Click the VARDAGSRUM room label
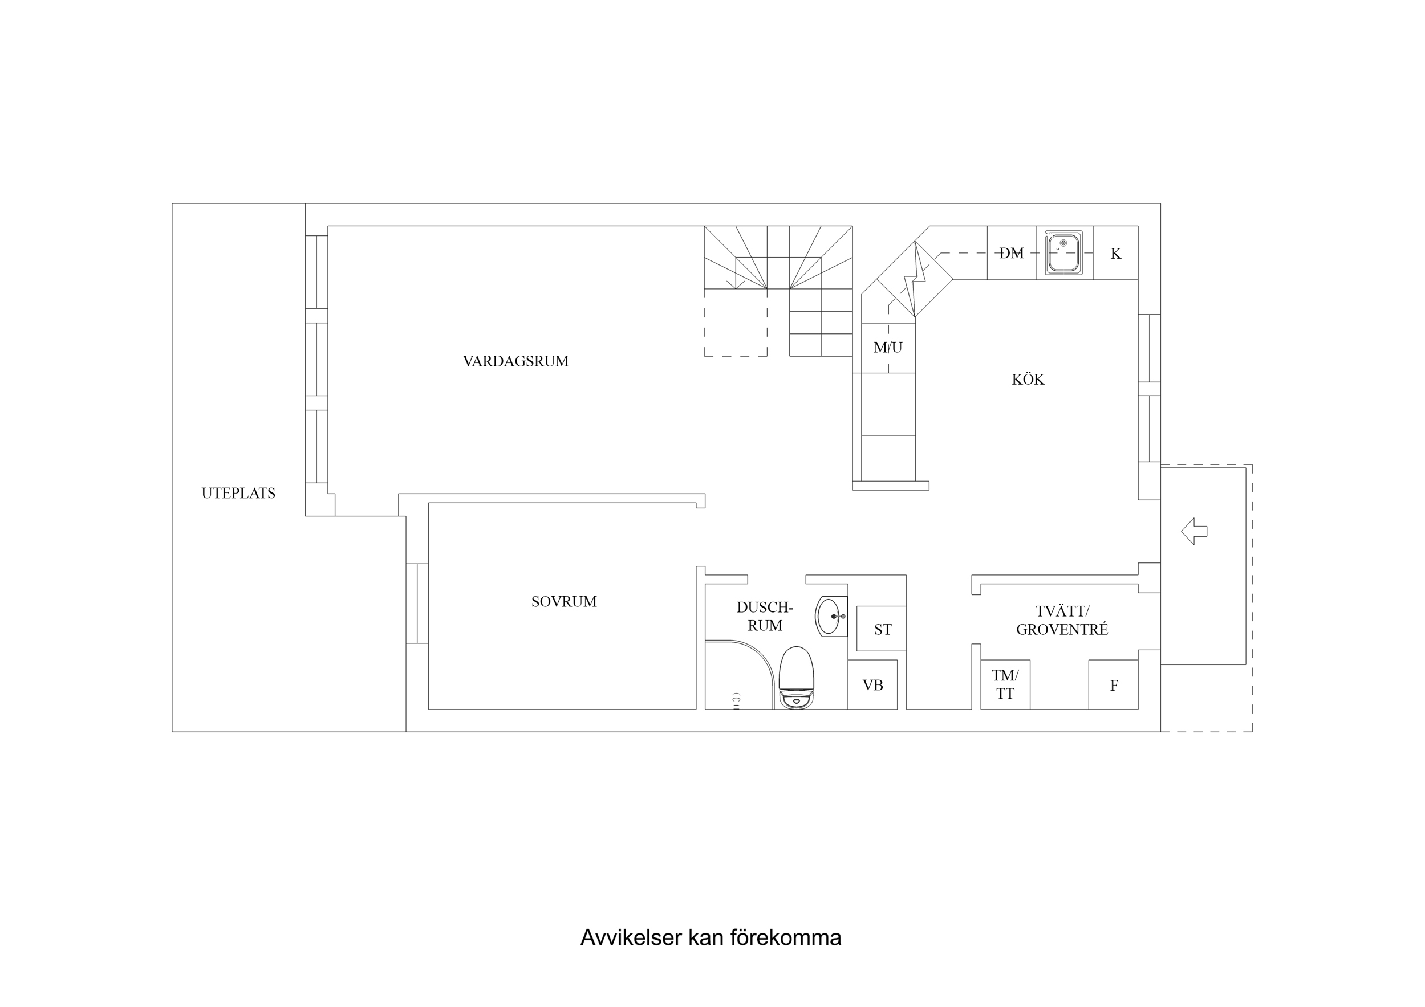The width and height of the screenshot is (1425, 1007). (515, 361)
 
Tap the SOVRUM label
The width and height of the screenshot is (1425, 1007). (563, 601)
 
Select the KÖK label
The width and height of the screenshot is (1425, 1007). (1028, 379)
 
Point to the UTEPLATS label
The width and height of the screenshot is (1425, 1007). (238, 494)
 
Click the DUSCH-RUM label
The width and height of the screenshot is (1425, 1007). (765, 616)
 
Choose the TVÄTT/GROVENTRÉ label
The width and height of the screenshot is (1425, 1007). (1062, 620)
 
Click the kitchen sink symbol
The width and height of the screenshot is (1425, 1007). (1064, 252)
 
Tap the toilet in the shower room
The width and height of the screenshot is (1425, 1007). (796, 678)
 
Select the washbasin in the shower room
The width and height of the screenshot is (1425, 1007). (830, 616)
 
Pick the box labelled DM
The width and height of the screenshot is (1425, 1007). (1012, 253)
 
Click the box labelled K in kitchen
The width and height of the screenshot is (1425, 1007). (1115, 253)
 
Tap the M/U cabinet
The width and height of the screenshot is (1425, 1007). (888, 348)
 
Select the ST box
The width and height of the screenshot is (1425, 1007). (882, 629)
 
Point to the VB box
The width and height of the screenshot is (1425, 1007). (872, 685)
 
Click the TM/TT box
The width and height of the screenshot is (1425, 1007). (1005, 685)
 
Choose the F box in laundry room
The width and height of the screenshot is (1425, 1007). (1114, 685)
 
